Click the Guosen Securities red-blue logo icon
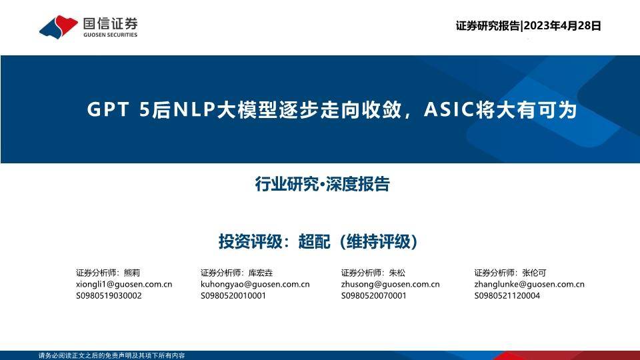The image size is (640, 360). pyautogui.click(x=59, y=27)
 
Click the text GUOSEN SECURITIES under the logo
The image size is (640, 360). pyautogui.click(x=110, y=35)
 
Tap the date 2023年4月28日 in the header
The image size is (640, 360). pyautogui.click(x=562, y=26)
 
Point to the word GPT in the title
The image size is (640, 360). pyautogui.click(x=108, y=110)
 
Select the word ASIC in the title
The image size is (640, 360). pyautogui.click(x=449, y=109)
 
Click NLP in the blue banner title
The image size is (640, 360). pyautogui.click(x=194, y=110)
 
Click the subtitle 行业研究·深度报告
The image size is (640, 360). pyautogui.click(x=323, y=184)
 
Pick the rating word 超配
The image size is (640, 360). pyautogui.click(x=314, y=241)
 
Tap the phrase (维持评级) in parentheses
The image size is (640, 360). pyautogui.click(x=378, y=241)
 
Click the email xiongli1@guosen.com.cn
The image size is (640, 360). pyautogui.click(x=124, y=284)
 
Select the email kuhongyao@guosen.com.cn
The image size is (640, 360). pyautogui.click(x=255, y=284)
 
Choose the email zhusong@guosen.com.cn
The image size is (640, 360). pyautogui.click(x=390, y=284)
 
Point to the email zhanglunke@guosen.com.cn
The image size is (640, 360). pyautogui.click(x=529, y=284)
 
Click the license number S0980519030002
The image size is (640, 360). pyautogui.click(x=109, y=295)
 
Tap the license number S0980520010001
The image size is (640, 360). pyautogui.click(x=233, y=295)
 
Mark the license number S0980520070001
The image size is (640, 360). pyautogui.click(x=374, y=295)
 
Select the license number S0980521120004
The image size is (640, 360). pyautogui.click(x=507, y=295)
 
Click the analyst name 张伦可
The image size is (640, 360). pyautogui.click(x=534, y=273)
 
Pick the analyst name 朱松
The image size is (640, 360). pyautogui.click(x=397, y=273)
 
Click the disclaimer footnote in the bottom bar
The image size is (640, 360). pyautogui.click(x=112, y=355)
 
